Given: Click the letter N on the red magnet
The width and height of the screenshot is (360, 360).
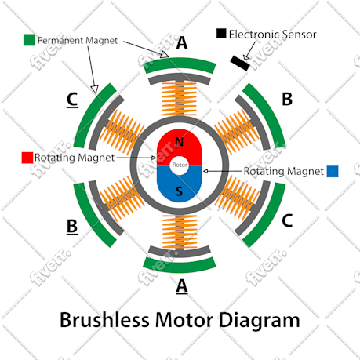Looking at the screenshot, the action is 179,142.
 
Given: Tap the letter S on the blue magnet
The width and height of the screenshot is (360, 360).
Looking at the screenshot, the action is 179,191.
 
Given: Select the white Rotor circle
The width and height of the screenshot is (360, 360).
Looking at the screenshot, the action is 180,165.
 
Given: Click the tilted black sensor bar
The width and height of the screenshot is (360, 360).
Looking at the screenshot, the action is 240,63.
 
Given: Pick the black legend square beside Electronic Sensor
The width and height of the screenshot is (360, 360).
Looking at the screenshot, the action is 221,33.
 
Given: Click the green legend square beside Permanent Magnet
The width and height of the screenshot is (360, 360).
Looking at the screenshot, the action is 29,40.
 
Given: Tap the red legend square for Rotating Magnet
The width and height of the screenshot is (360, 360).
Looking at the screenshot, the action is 27,158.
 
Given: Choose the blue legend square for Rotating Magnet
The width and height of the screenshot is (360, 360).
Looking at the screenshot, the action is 333,171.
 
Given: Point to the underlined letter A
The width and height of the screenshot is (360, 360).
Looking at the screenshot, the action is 182,285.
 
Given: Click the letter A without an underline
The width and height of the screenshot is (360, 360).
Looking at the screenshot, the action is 182,43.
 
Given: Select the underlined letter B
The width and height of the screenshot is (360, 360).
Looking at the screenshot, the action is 72,226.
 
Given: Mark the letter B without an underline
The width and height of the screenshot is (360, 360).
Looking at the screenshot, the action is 287,99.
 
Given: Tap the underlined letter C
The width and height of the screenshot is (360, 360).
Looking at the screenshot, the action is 72,99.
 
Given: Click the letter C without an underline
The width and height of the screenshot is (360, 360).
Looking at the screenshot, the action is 287,220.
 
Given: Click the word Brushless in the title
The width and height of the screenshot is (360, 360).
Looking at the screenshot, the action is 104,320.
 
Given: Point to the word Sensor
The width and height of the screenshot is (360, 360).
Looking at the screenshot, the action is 300,35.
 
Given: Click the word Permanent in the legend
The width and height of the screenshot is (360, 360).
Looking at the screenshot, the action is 60,41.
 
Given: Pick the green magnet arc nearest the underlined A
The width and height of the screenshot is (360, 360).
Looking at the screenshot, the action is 180,265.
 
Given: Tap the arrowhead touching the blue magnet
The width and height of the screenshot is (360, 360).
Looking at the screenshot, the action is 205,171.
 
